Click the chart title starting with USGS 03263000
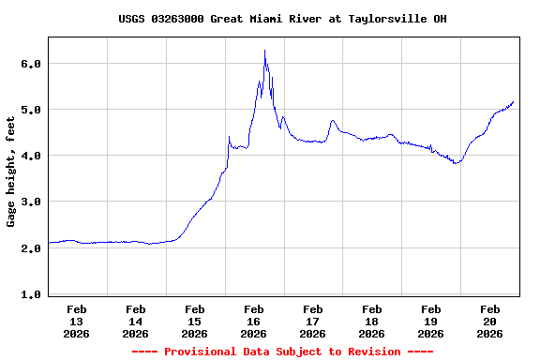pyautogui.click(x=282, y=19)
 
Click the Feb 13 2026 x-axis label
pyautogui.click(x=77, y=321)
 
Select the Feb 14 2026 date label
pyautogui.click(x=136, y=321)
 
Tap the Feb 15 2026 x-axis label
pyautogui.click(x=195, y=321)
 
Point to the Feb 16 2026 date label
pyautogui.click(x=254, y=321)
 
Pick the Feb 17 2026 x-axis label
pyautogui.click(x=313, y=321)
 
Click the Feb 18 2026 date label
pyautogui.click(x=372, y=321)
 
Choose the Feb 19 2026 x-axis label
pyautogui.click(x=431, y=321)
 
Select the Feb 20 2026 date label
pyautogui.click(x=490, y=321)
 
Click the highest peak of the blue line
pyautogui.click(x=264, y=51)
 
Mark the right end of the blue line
pyautogui.click(x=514, y=101)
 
